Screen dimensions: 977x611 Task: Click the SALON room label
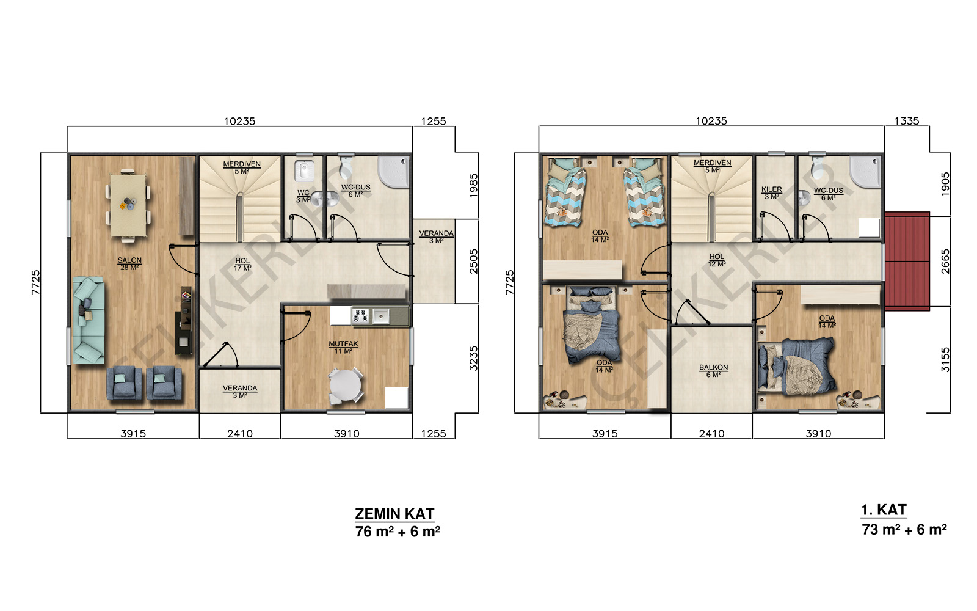pyautogui.click(x=129, y=260)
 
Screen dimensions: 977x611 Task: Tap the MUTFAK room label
pyautogui.click(x=343, y=344)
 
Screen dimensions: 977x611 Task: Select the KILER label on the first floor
pyautogui.click(x=772, y=189)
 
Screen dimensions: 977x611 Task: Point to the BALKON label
pyautogui.click(x=714, y=367)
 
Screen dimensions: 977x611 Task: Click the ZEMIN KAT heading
pyautogui.click(x=394, y=514)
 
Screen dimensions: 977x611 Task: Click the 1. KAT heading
pyautogui.click(x=884, y=510)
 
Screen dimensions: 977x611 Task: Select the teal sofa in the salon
pyautogui.click(x=89, y=320)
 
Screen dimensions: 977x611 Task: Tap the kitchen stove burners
pyautogui.click(x=361, y=315)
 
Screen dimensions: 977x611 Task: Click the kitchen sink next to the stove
pyautogui.click(x=381, y=315)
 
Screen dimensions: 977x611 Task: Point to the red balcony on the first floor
pyautogui.click(x=907, y=262)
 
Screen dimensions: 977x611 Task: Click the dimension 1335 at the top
pyautogui.click(x=906, y=121)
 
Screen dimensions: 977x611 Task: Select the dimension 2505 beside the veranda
pyautogui.click(x=474, y=261)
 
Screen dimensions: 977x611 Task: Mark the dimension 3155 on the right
pyautogui.click(x=945, y=360)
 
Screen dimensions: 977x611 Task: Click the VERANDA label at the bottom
pyautogui.click(x=240, y=388)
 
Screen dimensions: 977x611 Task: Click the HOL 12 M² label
pyautogui.click(x=717, y=260)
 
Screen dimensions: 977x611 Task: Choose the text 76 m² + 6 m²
pyautogui.click(x=398, y=532)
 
